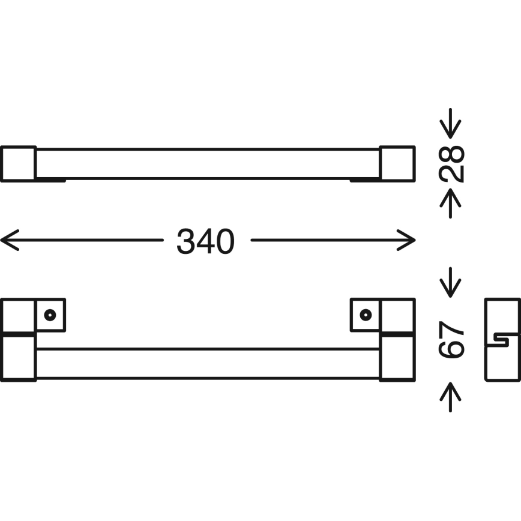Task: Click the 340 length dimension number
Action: click(x=205, y=242)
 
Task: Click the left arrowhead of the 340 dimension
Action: click(x=7, y=242)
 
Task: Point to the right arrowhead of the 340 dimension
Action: click(x=408, y=242)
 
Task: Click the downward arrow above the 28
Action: click(x=451, y=124)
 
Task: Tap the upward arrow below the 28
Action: click(x=451, y=202)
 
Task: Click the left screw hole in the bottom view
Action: click(x=50, y=314)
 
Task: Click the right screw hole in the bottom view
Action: click(x=365, y=314)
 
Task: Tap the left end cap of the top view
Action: click(x=18, y=163)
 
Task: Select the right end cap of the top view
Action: click(x=397, y=163)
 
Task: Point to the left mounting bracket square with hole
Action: click(x=50, y=315)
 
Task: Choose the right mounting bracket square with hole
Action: click(x=365, y=315)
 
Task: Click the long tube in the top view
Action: click(x=207, y=163)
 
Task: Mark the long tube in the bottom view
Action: click(x=207, y=364)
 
